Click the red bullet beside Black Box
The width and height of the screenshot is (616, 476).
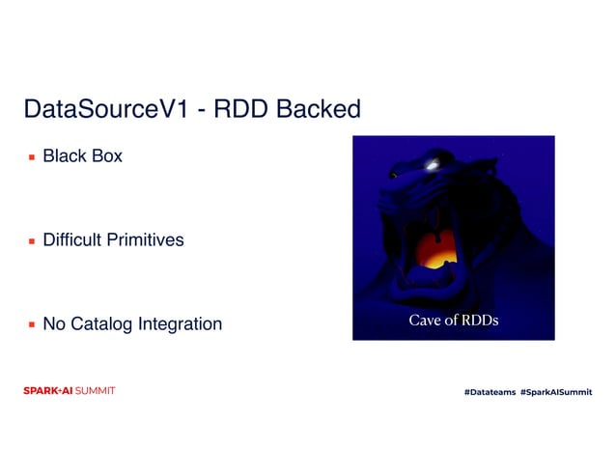pos(32,155)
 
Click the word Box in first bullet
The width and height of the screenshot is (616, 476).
pos(107,154)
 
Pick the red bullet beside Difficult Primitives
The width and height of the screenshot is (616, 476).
pos(32,240)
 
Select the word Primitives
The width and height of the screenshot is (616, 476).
pos(147,239)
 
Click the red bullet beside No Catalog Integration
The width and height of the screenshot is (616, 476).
pos(32,324)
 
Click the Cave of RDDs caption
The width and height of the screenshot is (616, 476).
pos(454,321)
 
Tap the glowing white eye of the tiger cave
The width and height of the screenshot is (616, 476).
pos(429,163)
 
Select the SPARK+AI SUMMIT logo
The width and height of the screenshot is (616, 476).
pos(69,391)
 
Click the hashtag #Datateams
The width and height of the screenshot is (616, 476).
pos(489,392)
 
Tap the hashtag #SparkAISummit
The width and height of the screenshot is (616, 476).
pos(556,392)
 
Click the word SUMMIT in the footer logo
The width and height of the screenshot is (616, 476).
pos(96,391)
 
